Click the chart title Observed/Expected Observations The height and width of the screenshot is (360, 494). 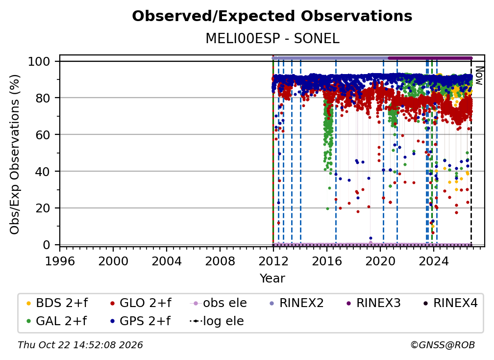click(272, 16)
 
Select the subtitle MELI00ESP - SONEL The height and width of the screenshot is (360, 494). click(272, 39)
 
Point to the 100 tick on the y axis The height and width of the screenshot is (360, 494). click(39, 61)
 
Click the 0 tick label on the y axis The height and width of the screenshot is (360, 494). click(47, 245)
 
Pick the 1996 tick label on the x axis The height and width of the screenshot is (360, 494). click(60, 261)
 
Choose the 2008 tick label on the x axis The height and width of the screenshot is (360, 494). click(220, 261)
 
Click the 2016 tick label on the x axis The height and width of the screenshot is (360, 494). click(327, 261)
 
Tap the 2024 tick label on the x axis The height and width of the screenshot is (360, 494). click(433, 261)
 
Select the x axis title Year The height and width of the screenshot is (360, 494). click(272, 279)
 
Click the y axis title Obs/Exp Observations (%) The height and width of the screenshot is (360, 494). click(15, 154)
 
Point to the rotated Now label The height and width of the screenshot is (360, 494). click(479, 76)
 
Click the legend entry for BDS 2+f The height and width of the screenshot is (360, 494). click(57, 303)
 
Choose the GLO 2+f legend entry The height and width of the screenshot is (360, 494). click(141, 303)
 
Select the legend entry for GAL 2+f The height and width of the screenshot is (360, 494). click(56, 321)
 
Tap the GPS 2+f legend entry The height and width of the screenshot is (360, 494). click(140, 321)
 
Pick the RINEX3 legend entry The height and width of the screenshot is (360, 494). click(373, 303)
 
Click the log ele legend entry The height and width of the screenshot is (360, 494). click(217, 321)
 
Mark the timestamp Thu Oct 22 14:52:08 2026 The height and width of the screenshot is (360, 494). click(80, 345)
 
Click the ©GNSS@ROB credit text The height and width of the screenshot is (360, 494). click(443, 345)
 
